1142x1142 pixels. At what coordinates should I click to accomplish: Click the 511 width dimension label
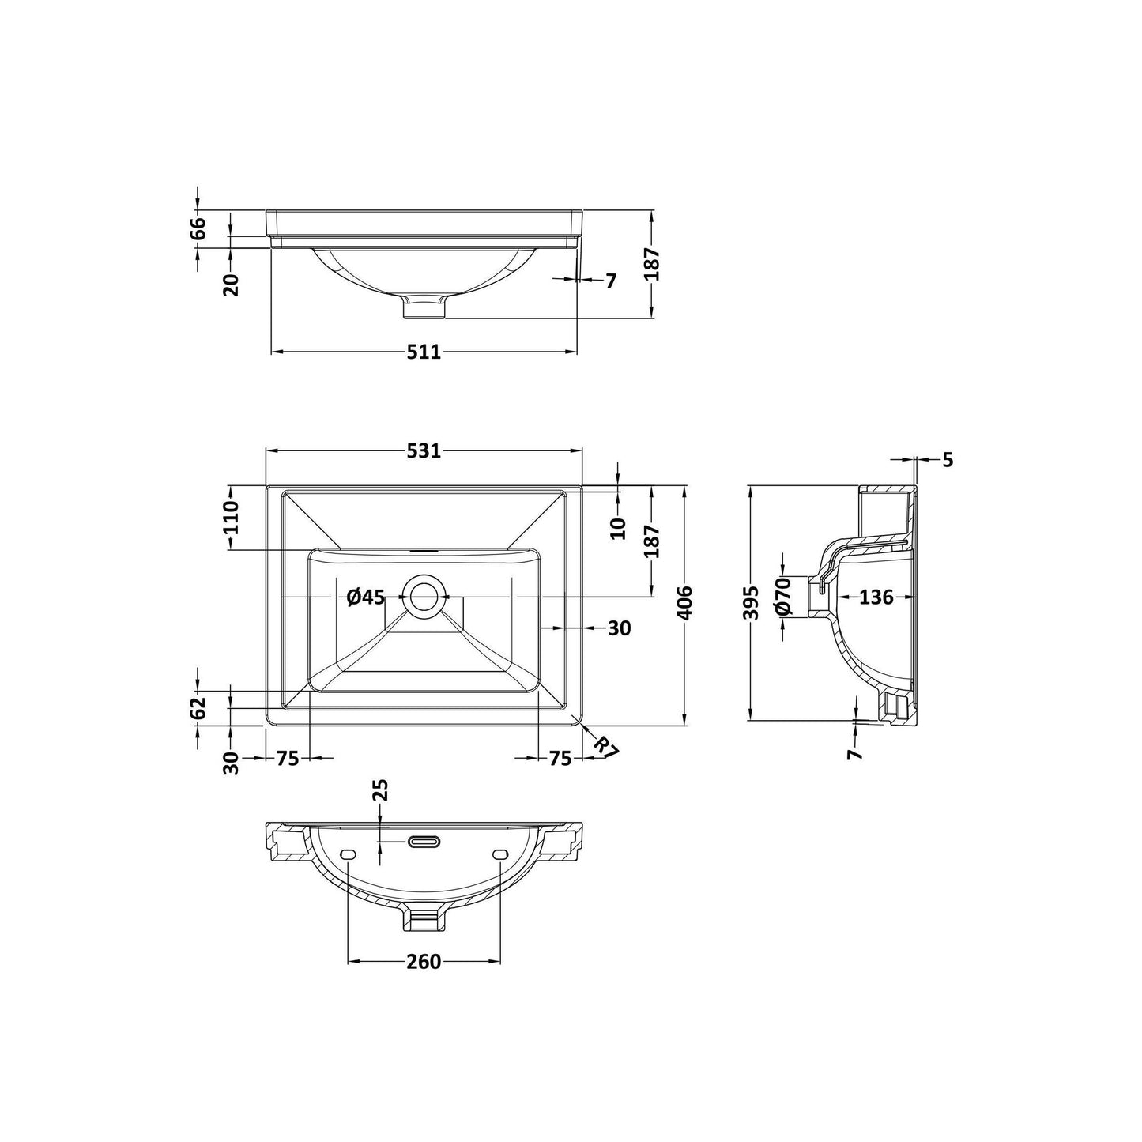[x=424, y=352]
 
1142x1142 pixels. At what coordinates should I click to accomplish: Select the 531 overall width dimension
[x=424, y=451]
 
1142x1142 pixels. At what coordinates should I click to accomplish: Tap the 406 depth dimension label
[x=684, y=603]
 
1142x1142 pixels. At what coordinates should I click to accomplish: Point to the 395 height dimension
[x=751, y=603]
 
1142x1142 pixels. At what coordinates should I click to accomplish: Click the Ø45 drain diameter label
[x=366, y=597]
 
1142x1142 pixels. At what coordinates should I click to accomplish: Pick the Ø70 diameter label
[x=783, y=596]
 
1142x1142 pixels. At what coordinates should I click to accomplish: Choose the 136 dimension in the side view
[x=876, y=597]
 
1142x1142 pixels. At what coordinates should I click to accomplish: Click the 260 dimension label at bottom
[x=424, y=978]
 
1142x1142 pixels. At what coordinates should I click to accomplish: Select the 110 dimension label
[x=230, y=518]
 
